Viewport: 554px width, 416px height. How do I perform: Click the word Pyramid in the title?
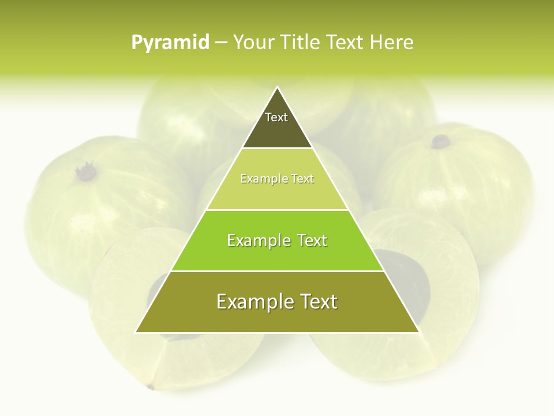[x=170, y=42]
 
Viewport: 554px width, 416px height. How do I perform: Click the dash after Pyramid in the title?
[x=221, y=43]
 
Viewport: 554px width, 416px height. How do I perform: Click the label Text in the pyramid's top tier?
[x=276, y=117]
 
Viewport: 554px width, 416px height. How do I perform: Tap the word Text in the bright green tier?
[x=312, y=240]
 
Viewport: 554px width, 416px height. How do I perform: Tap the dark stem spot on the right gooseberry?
[x=441, y=141]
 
